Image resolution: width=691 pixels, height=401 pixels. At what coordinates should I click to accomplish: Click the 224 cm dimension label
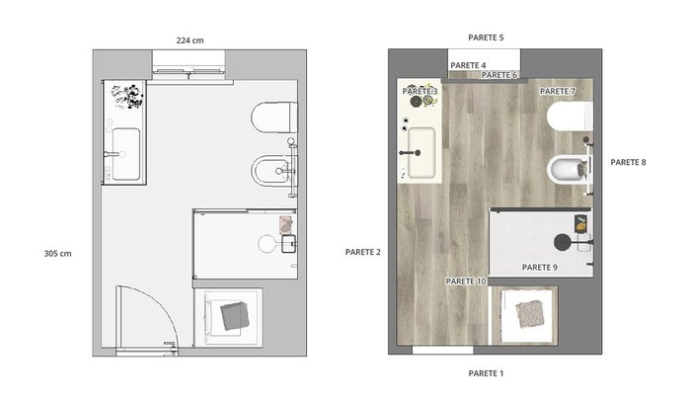click(190, 40)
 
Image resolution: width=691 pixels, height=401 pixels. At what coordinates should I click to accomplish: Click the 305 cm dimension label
click(57, 254)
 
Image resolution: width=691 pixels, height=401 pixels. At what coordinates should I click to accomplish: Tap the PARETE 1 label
click(486, 373)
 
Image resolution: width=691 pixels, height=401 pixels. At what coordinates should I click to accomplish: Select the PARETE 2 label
click(362, 252)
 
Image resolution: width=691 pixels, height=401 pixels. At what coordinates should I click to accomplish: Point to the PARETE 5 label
click(486, 38)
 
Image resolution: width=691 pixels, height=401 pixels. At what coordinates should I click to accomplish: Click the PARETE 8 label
click(628, 162)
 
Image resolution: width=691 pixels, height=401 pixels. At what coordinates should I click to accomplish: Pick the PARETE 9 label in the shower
click(539, 268)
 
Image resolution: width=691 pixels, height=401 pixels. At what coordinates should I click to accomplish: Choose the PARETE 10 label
click(466, 281)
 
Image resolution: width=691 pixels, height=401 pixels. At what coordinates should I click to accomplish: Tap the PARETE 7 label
click(558, 91)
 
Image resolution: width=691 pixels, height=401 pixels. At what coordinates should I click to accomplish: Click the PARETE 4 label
click(468, 65)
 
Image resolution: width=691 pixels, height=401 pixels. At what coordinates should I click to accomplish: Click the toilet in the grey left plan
click(274, 118)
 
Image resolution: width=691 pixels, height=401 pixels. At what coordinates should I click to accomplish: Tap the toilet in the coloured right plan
click(570, 117)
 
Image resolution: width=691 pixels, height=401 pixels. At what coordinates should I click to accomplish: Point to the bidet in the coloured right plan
click(569, 170)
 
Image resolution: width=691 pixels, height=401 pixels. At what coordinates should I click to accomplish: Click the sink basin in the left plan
click(126, 154)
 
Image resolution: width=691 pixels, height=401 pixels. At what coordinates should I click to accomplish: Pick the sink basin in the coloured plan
click(422, 152)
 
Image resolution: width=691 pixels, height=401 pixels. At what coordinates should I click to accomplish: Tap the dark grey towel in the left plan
click(235, 316)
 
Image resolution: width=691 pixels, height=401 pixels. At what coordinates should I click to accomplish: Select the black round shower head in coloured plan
click(562, 242)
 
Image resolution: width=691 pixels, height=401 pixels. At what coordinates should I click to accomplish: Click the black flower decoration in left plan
click(128, 97)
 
